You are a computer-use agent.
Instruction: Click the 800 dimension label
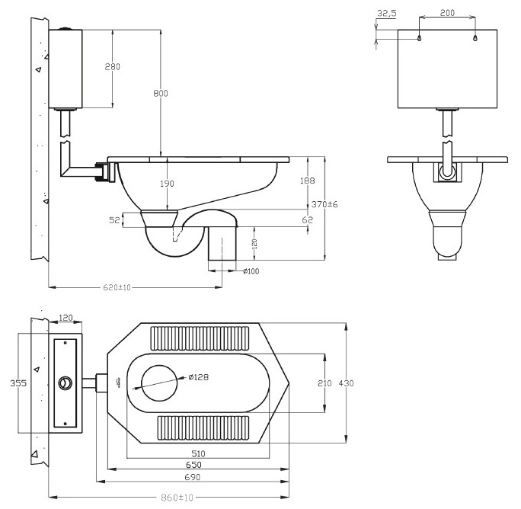coord(161,94)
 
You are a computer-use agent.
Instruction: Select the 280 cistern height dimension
coord(112,67)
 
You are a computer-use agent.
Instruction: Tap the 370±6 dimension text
coord(324,204)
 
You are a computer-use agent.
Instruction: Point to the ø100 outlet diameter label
coord(251,271)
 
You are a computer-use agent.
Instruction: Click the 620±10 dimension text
coord(117,287)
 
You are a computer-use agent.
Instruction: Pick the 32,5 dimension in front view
coord(387,13)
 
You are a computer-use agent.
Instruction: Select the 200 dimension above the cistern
coord(447,13)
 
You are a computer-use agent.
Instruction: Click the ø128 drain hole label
coord(198,377)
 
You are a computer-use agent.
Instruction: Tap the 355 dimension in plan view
coord(18,383)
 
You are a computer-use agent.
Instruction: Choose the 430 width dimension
coord(347,383)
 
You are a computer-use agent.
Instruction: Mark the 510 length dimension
coord(198,453)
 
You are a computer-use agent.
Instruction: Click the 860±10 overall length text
coord(177,498)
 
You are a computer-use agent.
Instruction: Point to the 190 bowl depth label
coord(167,184)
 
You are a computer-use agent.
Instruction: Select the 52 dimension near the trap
coord(114,220)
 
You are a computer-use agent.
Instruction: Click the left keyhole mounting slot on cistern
coord(420,38)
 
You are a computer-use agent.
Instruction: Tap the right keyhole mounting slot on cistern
coord(475,38)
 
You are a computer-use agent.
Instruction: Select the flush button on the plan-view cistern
coord(66,383)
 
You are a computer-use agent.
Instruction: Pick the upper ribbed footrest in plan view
coord(200,338)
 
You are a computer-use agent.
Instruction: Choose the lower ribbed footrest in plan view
coord(203,428)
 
